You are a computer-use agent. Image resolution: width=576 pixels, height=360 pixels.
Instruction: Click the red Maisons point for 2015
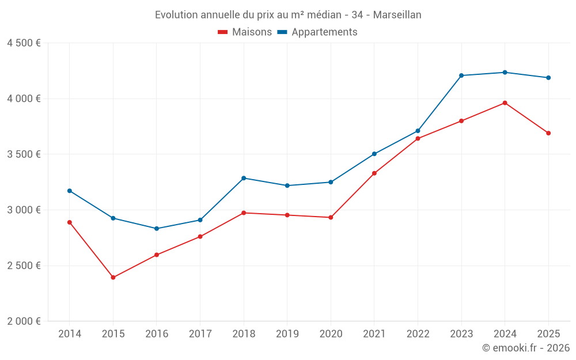coord(113,278)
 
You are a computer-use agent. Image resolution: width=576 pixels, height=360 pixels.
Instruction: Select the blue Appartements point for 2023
coord(461,75)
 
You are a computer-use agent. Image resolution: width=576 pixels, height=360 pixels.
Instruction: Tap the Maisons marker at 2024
coord(505,103)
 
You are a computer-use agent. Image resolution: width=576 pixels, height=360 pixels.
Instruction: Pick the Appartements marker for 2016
coord(157,229)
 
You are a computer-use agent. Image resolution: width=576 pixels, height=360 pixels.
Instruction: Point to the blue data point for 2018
coord(244,178)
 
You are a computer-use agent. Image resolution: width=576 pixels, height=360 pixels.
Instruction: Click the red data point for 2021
coord(374,173)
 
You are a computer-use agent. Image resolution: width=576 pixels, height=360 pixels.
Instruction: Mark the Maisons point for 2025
coord(548,133)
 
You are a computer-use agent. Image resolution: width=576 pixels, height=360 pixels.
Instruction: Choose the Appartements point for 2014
coord(70,191)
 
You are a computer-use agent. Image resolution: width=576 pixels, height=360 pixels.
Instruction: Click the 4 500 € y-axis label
coord(24,43)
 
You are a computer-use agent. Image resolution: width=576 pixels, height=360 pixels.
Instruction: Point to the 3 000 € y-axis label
coord(24,210)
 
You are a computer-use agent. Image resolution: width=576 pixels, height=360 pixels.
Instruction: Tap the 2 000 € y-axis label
coord(24,321)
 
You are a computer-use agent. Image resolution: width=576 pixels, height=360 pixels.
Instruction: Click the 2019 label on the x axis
coord(287,334)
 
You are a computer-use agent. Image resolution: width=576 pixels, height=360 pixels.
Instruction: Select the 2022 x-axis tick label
coord(418,334)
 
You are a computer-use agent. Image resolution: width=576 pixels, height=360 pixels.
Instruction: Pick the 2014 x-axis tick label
coord(70,334)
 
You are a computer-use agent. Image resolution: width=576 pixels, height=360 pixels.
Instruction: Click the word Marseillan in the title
coord(397,15)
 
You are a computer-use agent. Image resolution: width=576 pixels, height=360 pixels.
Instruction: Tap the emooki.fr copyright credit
coord(526,348)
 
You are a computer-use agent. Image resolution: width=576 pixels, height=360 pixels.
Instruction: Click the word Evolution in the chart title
coord(177,15)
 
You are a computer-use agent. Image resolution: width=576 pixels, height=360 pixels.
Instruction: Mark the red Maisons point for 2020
coord(331,217)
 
